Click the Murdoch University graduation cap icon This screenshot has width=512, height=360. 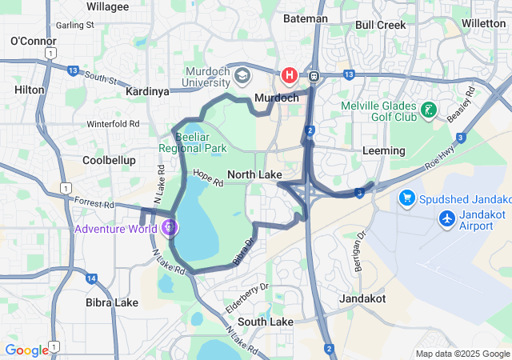pos(242,76)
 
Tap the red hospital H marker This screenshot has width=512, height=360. pos(289,76)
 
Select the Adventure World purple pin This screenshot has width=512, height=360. pos(169,227)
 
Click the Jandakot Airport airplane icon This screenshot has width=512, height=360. pos(446,218)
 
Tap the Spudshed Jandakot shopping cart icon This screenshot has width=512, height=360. pos(406,197)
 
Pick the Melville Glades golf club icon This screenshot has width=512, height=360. pos(430,110)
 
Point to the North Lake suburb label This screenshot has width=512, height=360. pos(254,175)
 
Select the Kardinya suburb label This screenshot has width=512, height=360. pos(148,92)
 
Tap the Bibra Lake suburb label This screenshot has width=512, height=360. pos(112,302)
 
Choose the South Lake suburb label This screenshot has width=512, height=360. pos(266,322)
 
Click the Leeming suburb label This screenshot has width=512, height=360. pos(384,150)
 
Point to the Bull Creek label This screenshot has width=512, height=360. pos(380,25)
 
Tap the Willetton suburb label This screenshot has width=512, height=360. pos(484,23)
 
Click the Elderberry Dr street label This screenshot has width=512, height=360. pos(248,292)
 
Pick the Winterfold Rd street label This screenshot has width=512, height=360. pos(114,124)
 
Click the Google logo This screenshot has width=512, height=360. pos(26,350)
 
